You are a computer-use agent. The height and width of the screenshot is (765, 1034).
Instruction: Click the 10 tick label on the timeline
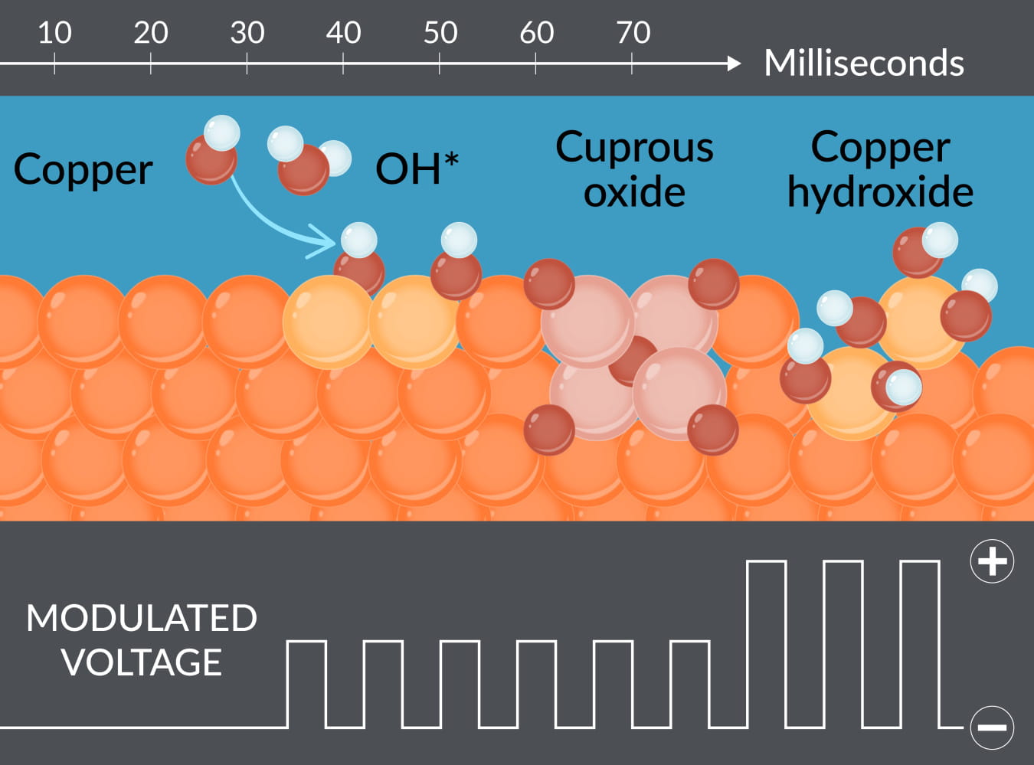(x=54, y=33)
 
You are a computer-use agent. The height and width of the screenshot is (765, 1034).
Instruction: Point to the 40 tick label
(x=343, y=33)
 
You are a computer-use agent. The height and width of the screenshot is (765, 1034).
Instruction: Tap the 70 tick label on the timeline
(x=633, y=33)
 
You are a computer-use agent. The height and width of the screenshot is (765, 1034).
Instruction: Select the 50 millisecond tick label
(x=440, y=33)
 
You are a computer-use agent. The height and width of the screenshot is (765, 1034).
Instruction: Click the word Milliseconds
(x=863, y=63)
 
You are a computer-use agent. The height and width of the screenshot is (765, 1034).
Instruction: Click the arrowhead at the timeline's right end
(x=734, y=64)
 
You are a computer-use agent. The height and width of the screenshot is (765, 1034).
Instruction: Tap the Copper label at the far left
(x=83, y=170)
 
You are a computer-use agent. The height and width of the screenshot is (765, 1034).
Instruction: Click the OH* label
(x=416, y=168)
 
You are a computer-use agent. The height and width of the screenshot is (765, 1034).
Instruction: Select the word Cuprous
(x=634, y=147)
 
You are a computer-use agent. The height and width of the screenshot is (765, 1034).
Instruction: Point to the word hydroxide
(x=880, y=192)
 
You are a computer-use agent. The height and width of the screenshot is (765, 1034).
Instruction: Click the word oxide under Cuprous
(x=634, y=192)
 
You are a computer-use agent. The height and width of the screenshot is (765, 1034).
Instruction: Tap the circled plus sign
(x=992, y=561)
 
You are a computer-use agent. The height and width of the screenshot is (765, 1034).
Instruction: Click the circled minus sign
(x=992, y=727)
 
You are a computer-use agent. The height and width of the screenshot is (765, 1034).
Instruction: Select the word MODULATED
(x=142, y=618)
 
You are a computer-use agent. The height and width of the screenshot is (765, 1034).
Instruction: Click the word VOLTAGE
(x=142, y=662)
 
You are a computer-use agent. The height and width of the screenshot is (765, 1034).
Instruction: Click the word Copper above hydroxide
(x=880, y=147)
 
